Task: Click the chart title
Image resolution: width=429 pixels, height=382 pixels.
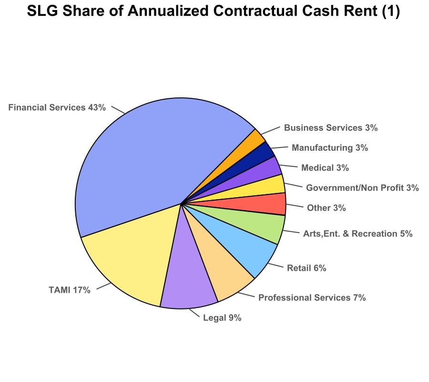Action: (x=213, y=11)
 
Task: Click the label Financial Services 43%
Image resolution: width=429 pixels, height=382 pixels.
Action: (x=57, y=107)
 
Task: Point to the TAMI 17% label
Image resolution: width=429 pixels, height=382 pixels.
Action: (x=69, y=290)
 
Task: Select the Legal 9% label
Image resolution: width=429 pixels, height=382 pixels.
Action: (x=222, y=318)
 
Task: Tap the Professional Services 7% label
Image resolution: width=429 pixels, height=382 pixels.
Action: (x=312, y=298)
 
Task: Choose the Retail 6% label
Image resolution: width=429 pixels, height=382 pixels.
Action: (x=306, y=268)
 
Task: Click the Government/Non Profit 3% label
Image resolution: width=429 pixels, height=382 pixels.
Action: (x=362, y=188)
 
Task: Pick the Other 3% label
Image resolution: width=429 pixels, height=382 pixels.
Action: (x=327, y=208)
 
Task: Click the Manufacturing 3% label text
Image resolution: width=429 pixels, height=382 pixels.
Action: (x=330, y=148)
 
